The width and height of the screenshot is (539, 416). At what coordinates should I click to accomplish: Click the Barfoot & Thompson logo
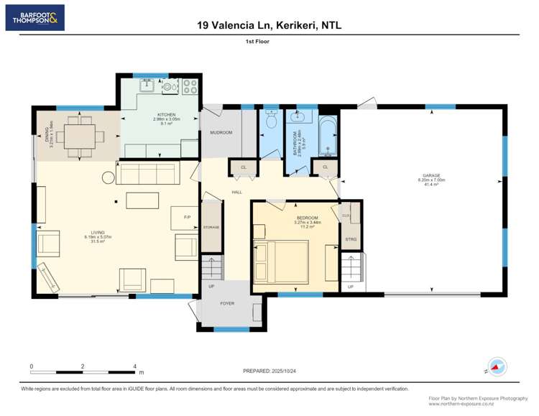coord(34,17)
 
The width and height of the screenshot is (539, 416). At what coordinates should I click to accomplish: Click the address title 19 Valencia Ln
coord(269,25)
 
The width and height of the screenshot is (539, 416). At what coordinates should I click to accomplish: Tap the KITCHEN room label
coord(166,114)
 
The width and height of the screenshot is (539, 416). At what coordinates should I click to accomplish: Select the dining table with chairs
coord(80,134)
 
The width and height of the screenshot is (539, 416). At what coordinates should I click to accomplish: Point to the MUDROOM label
coord(221,133)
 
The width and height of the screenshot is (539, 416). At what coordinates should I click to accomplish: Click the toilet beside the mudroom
coord(270,123)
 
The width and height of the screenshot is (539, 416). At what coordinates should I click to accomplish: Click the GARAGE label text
coord(432,175)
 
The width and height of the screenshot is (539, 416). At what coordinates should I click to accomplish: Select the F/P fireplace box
coord(187,217)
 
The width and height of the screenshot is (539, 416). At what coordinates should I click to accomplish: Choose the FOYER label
coord(227,303)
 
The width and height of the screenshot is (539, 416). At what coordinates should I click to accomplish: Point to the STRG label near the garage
coord(350,240)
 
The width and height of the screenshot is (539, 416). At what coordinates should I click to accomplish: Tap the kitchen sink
coord(147,86)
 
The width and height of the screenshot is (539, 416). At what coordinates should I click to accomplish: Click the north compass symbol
coord(497,366)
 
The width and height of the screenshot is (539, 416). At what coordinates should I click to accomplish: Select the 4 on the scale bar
coord(135,366)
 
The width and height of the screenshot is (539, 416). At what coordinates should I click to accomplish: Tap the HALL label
coord(236,192)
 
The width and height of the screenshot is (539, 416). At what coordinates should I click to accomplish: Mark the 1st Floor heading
coord(269,42)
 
